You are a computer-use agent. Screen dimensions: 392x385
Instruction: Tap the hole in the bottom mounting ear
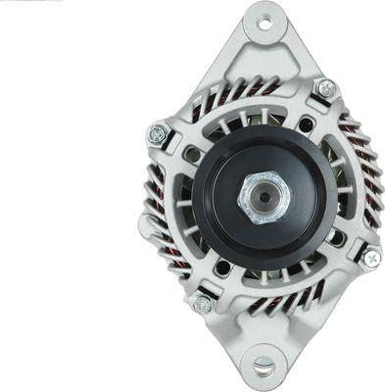point(263,367)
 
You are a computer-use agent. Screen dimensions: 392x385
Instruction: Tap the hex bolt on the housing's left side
point(158,135)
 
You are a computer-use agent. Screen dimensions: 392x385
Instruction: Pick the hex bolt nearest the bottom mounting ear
point(202,303)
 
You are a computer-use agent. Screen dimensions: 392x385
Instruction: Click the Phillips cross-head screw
point(369,257)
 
